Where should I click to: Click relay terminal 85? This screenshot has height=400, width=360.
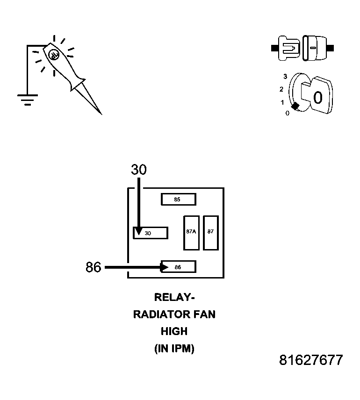178,200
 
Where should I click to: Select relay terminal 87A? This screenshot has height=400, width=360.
191,232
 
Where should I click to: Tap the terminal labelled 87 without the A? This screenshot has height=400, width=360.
211,232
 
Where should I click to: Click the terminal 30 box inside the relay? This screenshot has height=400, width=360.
151,233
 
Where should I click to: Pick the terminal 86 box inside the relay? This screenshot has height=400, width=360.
178,267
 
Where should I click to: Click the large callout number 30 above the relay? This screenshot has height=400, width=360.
139,170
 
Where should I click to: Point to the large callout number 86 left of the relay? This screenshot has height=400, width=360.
94,267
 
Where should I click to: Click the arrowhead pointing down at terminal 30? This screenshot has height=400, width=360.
138,231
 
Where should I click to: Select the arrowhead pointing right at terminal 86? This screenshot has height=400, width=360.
165,267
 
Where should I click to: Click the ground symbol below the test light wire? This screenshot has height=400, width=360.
27,99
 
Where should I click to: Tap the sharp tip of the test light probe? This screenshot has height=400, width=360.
101,113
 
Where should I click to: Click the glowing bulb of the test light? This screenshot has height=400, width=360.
53,54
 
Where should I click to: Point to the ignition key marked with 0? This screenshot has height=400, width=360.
317,96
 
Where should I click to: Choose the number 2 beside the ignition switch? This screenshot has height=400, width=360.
281,89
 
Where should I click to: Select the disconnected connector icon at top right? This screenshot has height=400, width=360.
302,48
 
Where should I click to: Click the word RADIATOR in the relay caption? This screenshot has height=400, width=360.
159,314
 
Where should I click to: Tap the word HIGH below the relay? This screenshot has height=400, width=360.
174,331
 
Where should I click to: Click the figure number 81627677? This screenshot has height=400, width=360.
311,360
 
